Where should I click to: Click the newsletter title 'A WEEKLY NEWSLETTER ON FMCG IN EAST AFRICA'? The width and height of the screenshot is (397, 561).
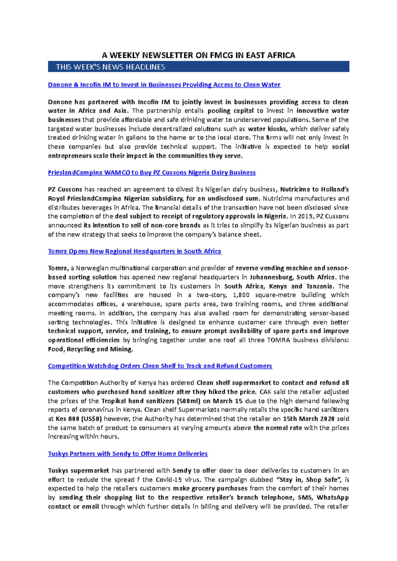(198, 55)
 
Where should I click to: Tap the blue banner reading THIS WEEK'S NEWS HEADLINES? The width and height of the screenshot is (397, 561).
(198, 67)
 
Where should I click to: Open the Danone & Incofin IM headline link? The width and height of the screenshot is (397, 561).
(164, 85)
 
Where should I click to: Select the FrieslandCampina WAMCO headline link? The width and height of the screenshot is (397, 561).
(152, 172)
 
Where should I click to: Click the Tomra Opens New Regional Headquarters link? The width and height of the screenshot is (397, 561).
(134, 251)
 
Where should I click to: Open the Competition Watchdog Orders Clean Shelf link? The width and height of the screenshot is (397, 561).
(160, 366)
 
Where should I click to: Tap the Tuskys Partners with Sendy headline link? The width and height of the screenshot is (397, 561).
(128, 454)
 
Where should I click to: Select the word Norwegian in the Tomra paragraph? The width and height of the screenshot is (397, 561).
(92, 268)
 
